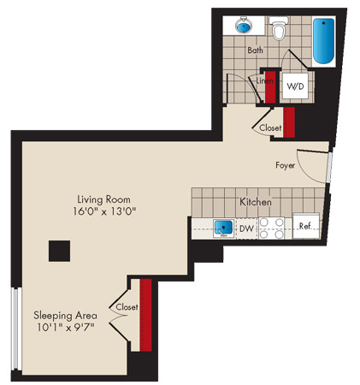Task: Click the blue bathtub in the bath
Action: (x=323, y=41)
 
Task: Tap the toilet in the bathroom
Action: (x=278, y=28)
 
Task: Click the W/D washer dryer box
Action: (x=295, y=86)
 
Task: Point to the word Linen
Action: (x=264, y=81)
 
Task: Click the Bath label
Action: (x=255, y=50)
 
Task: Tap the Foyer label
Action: (x=285, y=165)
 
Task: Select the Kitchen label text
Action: (x=256, y=202)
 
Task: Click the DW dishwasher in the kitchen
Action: (x=246, y=228)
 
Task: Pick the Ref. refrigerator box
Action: (x=305, y=226)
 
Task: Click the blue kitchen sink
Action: (x=224, y=228)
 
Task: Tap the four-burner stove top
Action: (x=271, y=228)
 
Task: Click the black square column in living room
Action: (x=59, y=251)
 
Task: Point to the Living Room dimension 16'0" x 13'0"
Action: (x=104, y=211)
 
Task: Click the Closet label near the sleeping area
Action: (x=127, y=307)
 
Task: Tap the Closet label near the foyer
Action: (x=270, y=127)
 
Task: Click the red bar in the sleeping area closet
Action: (x=146, y=315)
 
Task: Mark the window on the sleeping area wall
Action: (x=16, y=329)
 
